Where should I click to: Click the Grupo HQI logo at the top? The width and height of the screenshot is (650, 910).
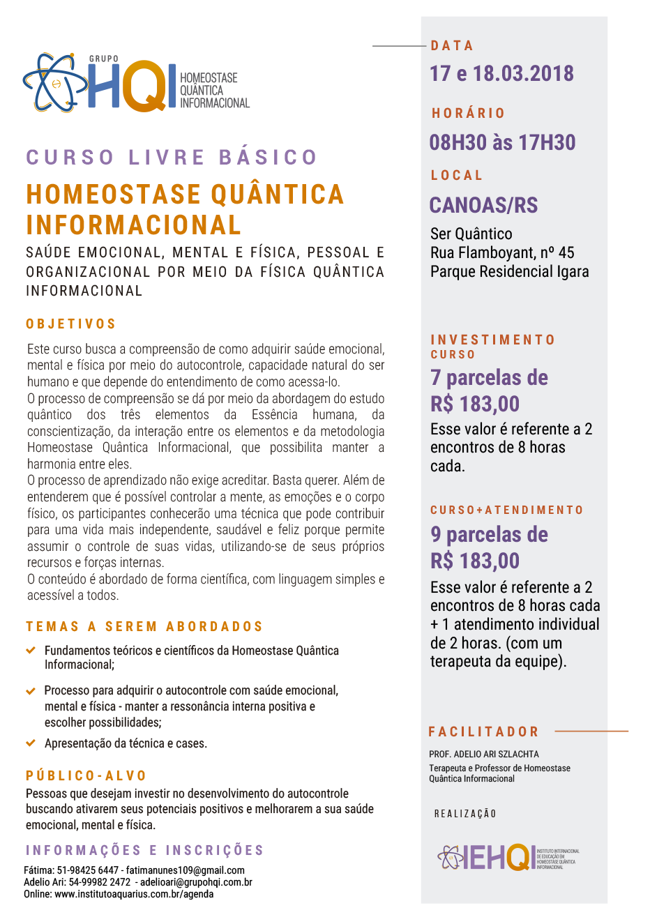pyautogui.click(x=136, y=83)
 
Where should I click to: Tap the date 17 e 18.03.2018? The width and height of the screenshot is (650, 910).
pyautogui.click(x=501, y=73)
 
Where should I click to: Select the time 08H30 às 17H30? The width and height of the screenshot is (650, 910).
pyautogui.click(x=502, y=142)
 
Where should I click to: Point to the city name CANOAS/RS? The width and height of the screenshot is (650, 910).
pyautogui.click(x=483, y=205)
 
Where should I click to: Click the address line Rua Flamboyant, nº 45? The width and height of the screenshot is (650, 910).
pyautogui.click(x=502, y=252)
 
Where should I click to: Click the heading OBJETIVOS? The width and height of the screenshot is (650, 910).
pyautogui.click(x=71, y=324)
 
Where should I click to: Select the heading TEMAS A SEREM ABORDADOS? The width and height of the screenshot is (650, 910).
pyautogui.click(x=144, y=626)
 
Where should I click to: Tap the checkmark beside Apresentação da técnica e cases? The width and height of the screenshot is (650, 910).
pyautogui.click(x=31, y=743)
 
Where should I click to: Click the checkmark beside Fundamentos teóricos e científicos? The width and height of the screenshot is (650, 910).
pyautogui.click(x=31, y=650)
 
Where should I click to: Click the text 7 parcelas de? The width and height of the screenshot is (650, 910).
pyautogui.click(x=489, y=378)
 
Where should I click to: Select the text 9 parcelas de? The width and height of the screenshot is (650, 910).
pyautogui.click(x=489, y=535)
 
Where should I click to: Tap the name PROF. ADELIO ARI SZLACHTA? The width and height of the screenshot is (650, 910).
pyautogui.click(x=483, y=754)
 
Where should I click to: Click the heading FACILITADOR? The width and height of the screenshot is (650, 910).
pyautogui.click(x=483, y=731)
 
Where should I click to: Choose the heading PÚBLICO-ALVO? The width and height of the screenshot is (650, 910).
pyautogui.click(x=86, y=775)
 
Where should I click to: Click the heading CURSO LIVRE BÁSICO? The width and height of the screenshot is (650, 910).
pyautogui.click(x=172, y=157)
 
